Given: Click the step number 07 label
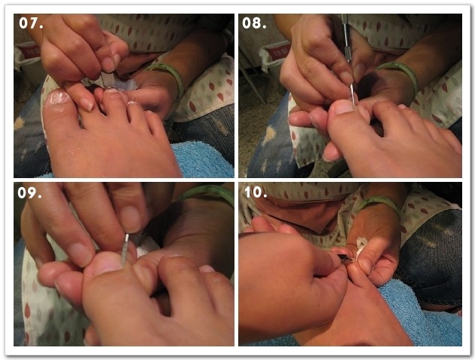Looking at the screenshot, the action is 31,23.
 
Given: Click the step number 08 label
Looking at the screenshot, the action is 254,23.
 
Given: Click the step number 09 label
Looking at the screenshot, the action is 29,193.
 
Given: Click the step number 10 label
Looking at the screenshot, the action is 256,192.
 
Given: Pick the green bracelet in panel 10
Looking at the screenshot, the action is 378,204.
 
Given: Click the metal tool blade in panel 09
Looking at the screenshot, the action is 124,250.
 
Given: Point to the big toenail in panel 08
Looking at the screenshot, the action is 344,107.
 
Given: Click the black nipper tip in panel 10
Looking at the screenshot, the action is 345,259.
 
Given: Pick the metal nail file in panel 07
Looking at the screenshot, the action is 107,79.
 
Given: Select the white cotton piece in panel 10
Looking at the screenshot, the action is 361,248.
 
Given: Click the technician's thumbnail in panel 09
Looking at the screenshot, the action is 131,219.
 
